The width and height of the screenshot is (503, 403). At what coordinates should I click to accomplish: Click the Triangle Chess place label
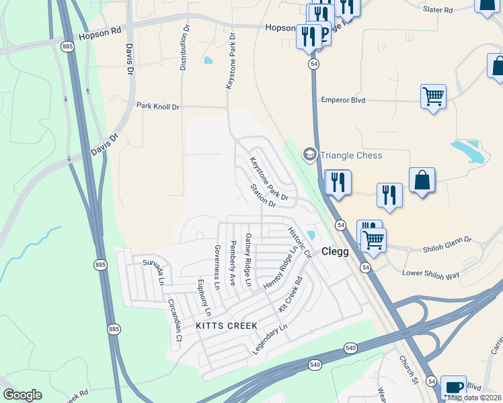pos(351,155)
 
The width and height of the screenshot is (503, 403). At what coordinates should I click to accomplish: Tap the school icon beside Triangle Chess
pos(309,155)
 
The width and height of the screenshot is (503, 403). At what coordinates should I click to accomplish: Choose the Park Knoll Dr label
pos(158,106)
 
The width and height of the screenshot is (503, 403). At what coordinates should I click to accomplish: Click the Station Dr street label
pos(263,195)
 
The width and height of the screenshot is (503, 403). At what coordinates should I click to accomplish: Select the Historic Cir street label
pos(300,242)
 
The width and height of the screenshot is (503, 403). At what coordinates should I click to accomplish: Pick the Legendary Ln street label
pos(270,340)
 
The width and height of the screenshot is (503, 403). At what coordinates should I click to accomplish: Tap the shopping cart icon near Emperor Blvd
pos(433,96)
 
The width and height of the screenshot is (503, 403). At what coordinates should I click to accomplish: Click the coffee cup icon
pos(453,387)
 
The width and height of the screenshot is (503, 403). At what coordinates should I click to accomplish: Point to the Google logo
pos(22,395)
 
